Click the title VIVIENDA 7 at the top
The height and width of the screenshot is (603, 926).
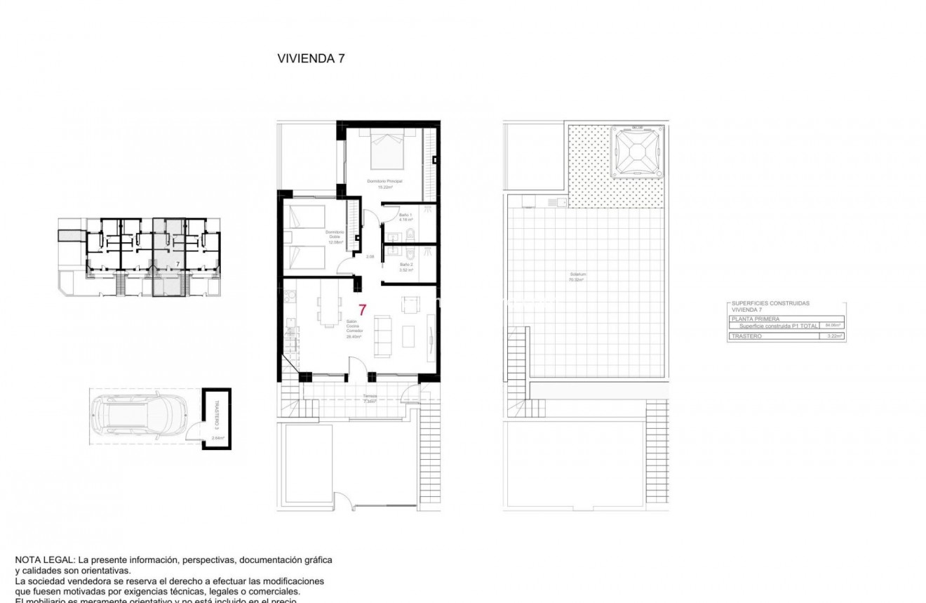[311, 59]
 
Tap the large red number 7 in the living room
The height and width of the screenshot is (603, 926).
[363, 310]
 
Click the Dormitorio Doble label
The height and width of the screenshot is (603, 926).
[334, 237]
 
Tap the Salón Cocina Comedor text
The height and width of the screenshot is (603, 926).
[354, 329]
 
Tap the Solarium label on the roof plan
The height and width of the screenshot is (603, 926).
[577, 277]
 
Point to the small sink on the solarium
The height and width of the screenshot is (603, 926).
[562, 203]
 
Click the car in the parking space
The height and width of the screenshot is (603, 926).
[138, 419]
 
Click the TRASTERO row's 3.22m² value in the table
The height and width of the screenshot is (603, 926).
[834, 336]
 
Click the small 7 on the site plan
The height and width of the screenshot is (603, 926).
[178, 264]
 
